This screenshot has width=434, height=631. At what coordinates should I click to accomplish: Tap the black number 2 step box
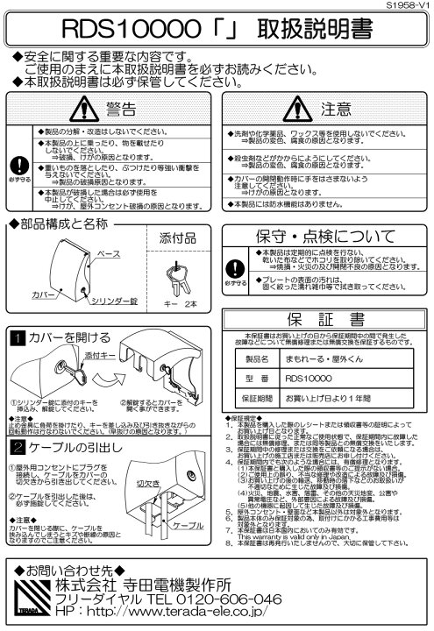(16, 447)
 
